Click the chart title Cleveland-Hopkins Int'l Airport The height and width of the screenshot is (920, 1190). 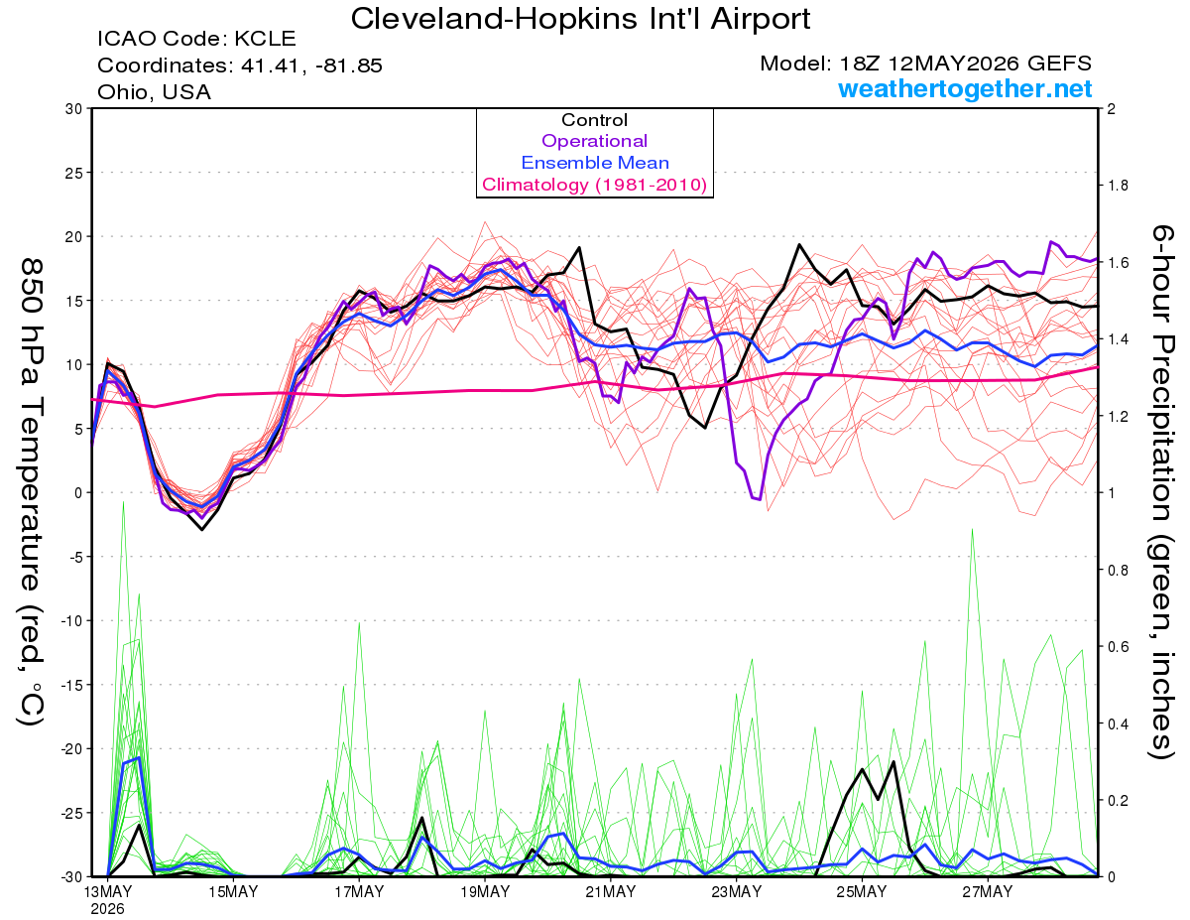point(580,19)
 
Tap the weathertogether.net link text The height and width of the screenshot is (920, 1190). point(965,88)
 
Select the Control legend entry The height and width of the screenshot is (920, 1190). point(594,120)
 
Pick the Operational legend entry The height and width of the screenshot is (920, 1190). point(594,141)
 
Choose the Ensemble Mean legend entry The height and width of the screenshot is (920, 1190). point(595,163)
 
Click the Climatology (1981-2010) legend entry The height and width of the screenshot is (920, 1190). point(595,185)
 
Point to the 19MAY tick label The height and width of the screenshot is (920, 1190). point(485,891)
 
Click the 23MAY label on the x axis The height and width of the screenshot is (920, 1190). point(737,891)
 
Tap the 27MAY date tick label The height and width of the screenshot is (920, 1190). point(988,891)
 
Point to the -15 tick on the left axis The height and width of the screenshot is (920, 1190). point(71,685)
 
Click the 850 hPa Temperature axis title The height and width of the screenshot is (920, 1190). point(31,492)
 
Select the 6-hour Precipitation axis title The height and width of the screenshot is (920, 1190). point(1162,491)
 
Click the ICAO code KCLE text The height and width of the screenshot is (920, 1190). point(196,39)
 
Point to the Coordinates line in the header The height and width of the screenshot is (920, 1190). point(240,66)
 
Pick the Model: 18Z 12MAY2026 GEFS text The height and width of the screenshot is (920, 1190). point(926,64)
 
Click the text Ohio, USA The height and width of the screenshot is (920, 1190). point(155,92)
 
